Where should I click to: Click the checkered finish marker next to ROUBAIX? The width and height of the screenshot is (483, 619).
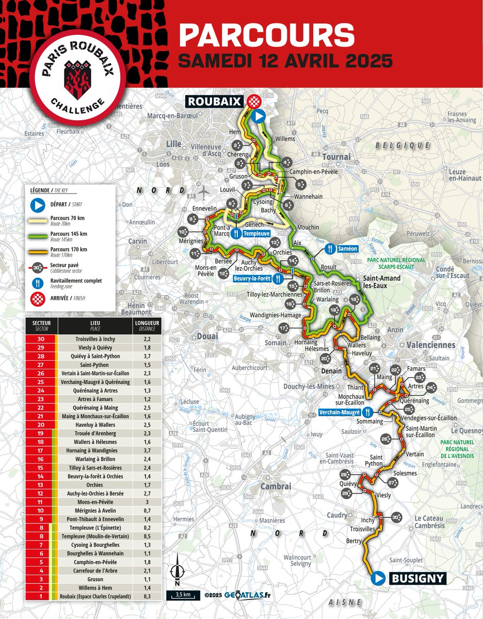(253, 102)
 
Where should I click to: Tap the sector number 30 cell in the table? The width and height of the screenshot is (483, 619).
(41, 339)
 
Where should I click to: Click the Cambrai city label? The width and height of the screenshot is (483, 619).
(276, 486)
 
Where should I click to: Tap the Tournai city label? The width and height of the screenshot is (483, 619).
(336, 156)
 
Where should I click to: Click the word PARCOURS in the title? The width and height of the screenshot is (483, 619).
(266, 36)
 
